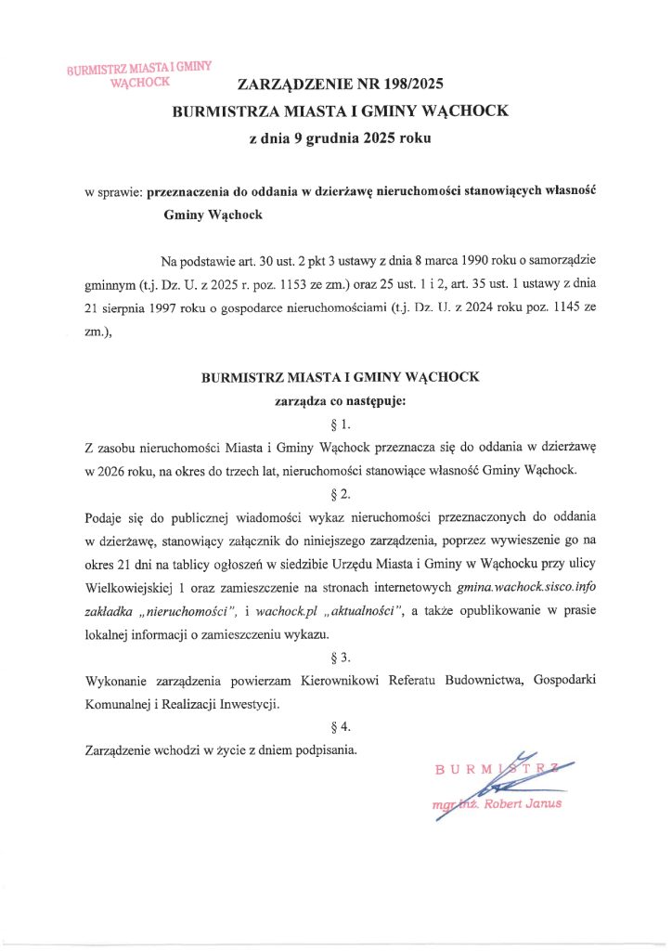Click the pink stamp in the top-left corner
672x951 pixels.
pyautogui.click(x=140, y=73)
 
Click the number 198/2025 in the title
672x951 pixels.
pyautogui.click(x=407, y=85)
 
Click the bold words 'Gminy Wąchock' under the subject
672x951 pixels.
pyautogui.click(x=213, y=215)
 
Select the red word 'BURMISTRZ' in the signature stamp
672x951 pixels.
pyautogui.click(x=496, y=768)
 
